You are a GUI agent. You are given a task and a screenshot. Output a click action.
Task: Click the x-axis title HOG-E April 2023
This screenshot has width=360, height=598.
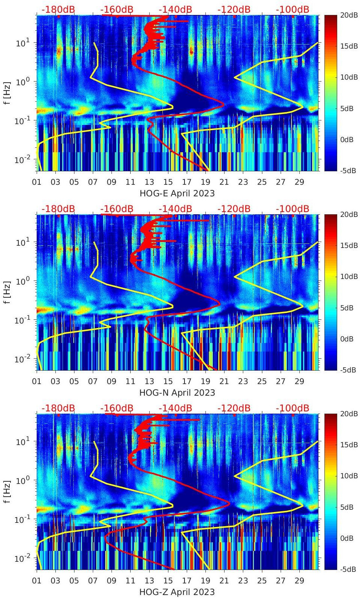[177, 193]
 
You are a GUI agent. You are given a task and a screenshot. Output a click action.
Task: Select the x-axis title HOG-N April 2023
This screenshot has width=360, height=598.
[177, 393]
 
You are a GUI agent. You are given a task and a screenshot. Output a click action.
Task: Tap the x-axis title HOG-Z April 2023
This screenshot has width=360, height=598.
[177, 592]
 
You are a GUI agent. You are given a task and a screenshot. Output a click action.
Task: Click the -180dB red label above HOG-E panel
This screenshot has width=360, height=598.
[58, 9]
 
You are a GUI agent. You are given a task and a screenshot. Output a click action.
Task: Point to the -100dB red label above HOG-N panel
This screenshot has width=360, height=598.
[292, 209]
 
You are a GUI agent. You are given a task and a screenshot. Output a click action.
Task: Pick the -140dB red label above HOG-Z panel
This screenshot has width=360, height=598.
[175, 408]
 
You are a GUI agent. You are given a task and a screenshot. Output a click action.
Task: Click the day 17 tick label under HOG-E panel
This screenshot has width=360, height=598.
[186, 182]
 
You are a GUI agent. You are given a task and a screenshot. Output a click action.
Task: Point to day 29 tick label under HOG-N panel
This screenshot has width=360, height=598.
[299, 381]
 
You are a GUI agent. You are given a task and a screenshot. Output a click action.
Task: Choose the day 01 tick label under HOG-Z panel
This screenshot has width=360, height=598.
[37, 581]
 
